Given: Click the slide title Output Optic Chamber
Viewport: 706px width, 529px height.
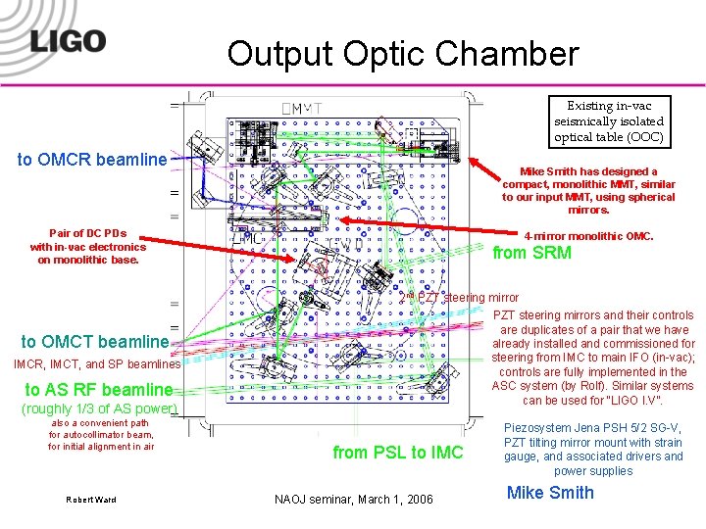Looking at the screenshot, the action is coord(403,53).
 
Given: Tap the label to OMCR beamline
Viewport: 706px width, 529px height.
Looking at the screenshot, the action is coord(92,159).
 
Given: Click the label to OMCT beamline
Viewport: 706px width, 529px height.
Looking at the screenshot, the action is coord(94,342).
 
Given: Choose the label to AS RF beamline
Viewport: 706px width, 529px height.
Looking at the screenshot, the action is coord(98,388).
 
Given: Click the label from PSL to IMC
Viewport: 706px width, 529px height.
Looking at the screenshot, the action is coord(397,452).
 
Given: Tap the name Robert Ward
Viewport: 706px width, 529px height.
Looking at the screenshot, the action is coord(90,500).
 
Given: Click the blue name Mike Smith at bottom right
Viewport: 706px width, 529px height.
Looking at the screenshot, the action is coord(550,493).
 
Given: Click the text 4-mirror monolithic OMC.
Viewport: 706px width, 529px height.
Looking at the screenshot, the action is coord(588,236).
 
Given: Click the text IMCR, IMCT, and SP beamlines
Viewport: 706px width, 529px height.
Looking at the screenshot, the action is coord(96,364).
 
